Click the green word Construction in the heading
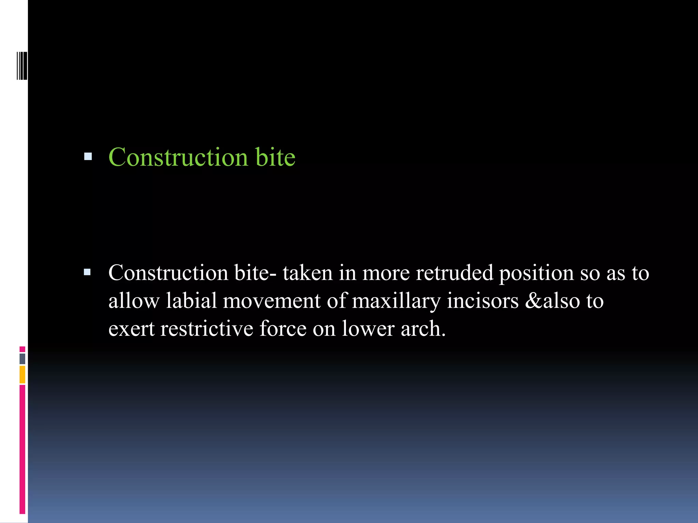click(x=178, y=157)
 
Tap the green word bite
click(x=275, y=157)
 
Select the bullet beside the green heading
click(x=88, y=157)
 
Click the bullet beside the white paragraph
click(x=88, y=272)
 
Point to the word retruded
click(x=455, y=273)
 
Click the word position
click(x=536, y=273)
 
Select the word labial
click(x=191, y=301)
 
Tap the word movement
click(x=272, y=301)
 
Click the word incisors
click(x=483, y=301)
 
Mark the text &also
click(x=552, y=301)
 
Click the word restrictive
click(x=207, y=329)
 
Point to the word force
click(x=283, y=329)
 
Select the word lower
click(x=368, y=329)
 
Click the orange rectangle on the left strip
click(x=22, y=375)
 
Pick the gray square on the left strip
click(x=22, y=359)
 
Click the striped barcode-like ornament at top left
click(x=22, y=66)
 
